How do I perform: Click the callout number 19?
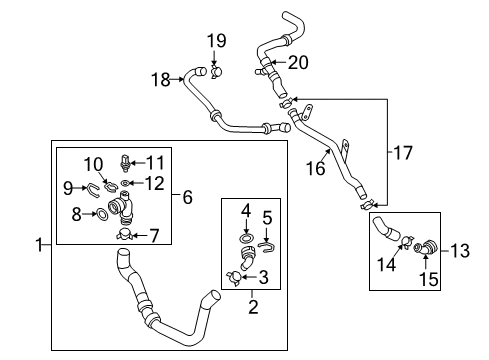click(x=216, y=41)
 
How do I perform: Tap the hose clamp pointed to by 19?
click(x=217, y=72)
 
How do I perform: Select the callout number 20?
click(x=298, y=62)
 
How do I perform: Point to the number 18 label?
click(x=161, y=80)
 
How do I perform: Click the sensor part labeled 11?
click(x=125, y=163)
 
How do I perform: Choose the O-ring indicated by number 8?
click(x=102, y=214)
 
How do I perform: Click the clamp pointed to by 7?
click(x=125, y=235)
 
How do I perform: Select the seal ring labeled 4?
click(x=246, y=238)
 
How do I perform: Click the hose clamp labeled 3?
click(x=234, y=278)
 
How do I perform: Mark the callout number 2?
click(x=253, y=307)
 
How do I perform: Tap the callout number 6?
click(x=188, y=197)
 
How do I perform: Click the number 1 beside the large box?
click(x=40, y=245)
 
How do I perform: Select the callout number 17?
click(x=403, y=152)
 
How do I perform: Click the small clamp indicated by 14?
click(x=407, y=241)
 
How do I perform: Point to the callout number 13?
click(x=460, y=251)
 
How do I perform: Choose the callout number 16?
click(x=315, y=168)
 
